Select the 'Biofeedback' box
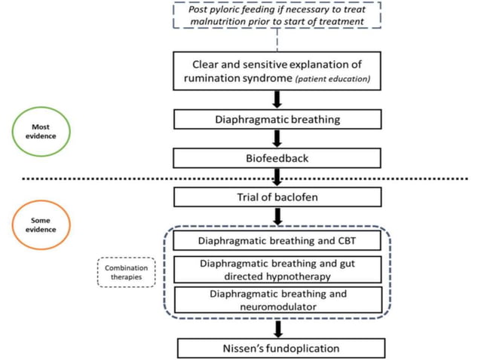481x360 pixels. click(x=277, y=158)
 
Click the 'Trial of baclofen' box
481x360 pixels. click(x=277, y=197)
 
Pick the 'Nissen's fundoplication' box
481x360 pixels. click(x=281, y=348)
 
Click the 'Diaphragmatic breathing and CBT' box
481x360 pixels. click(x=277, y=240)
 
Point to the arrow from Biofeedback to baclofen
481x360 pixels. click(x=277, y=177)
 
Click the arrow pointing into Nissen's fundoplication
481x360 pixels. click(x=278, y=329)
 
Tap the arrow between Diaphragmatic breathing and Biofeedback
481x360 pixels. click(x=277, y=139)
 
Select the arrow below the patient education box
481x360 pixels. click(x=277, y=99)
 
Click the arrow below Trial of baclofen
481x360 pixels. click(x=278, y=217)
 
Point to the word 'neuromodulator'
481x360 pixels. click(x=278, y=307)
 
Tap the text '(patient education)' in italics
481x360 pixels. click(x=332, y=79)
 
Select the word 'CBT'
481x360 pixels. click(x=347, y=241)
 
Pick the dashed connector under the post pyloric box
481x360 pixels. click(x=277, y=40)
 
